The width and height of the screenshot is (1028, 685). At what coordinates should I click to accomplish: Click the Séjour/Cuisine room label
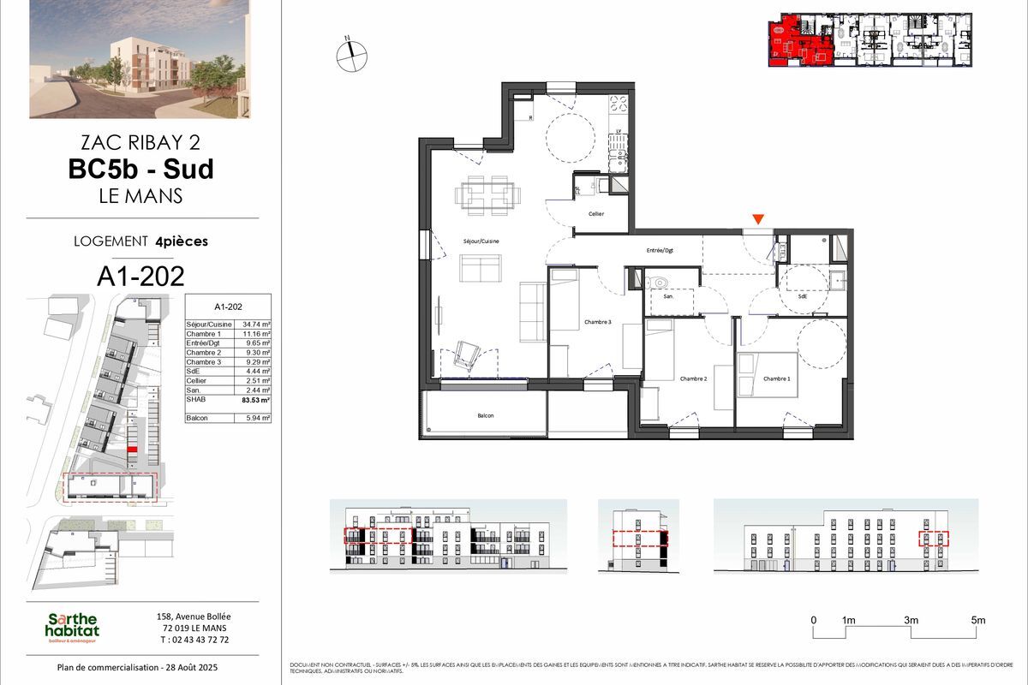(x=481, y=241)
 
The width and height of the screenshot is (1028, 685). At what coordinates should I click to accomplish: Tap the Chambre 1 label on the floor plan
(x=776, y=378)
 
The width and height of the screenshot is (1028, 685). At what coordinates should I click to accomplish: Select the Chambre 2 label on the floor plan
(x=693, y=378)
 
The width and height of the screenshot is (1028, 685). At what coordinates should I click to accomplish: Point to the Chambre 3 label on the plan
(x=598, y=322)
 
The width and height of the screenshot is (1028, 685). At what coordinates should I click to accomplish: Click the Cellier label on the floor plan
(x=596, y=213)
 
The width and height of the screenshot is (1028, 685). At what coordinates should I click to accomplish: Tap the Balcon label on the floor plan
(x=487, y=415)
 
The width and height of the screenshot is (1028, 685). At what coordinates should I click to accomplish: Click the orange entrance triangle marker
(x=757, y=221)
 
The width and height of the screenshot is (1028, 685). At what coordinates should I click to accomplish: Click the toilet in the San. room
(x=658, y=282)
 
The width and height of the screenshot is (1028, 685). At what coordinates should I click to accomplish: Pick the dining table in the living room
(x=486, y=194)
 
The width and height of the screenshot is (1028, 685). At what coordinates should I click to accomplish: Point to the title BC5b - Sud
(x=141, y=169)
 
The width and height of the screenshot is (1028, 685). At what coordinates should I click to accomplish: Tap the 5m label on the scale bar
(x=978, y=620)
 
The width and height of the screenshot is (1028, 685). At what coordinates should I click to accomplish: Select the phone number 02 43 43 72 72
(x=182, y=640)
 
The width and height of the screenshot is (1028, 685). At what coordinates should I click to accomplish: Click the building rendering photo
(x=140, y=58)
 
